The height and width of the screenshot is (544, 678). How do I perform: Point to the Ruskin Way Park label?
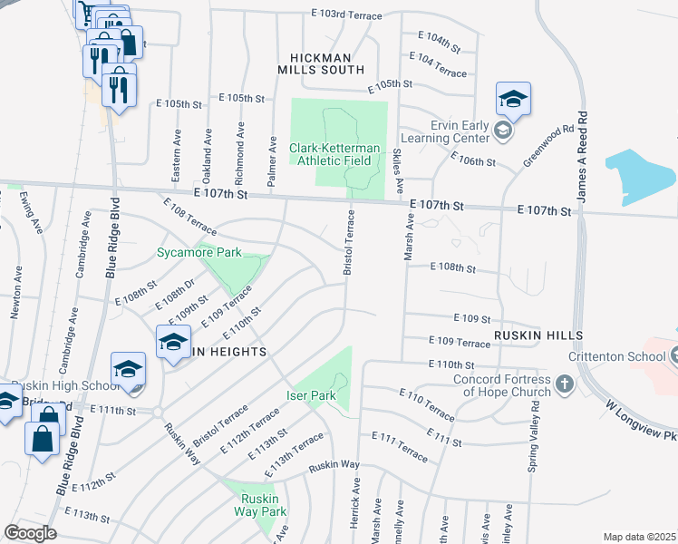point(263,505)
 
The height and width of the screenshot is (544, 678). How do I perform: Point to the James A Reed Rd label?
point(584,156)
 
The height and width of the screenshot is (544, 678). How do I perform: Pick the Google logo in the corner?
point(31,532)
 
